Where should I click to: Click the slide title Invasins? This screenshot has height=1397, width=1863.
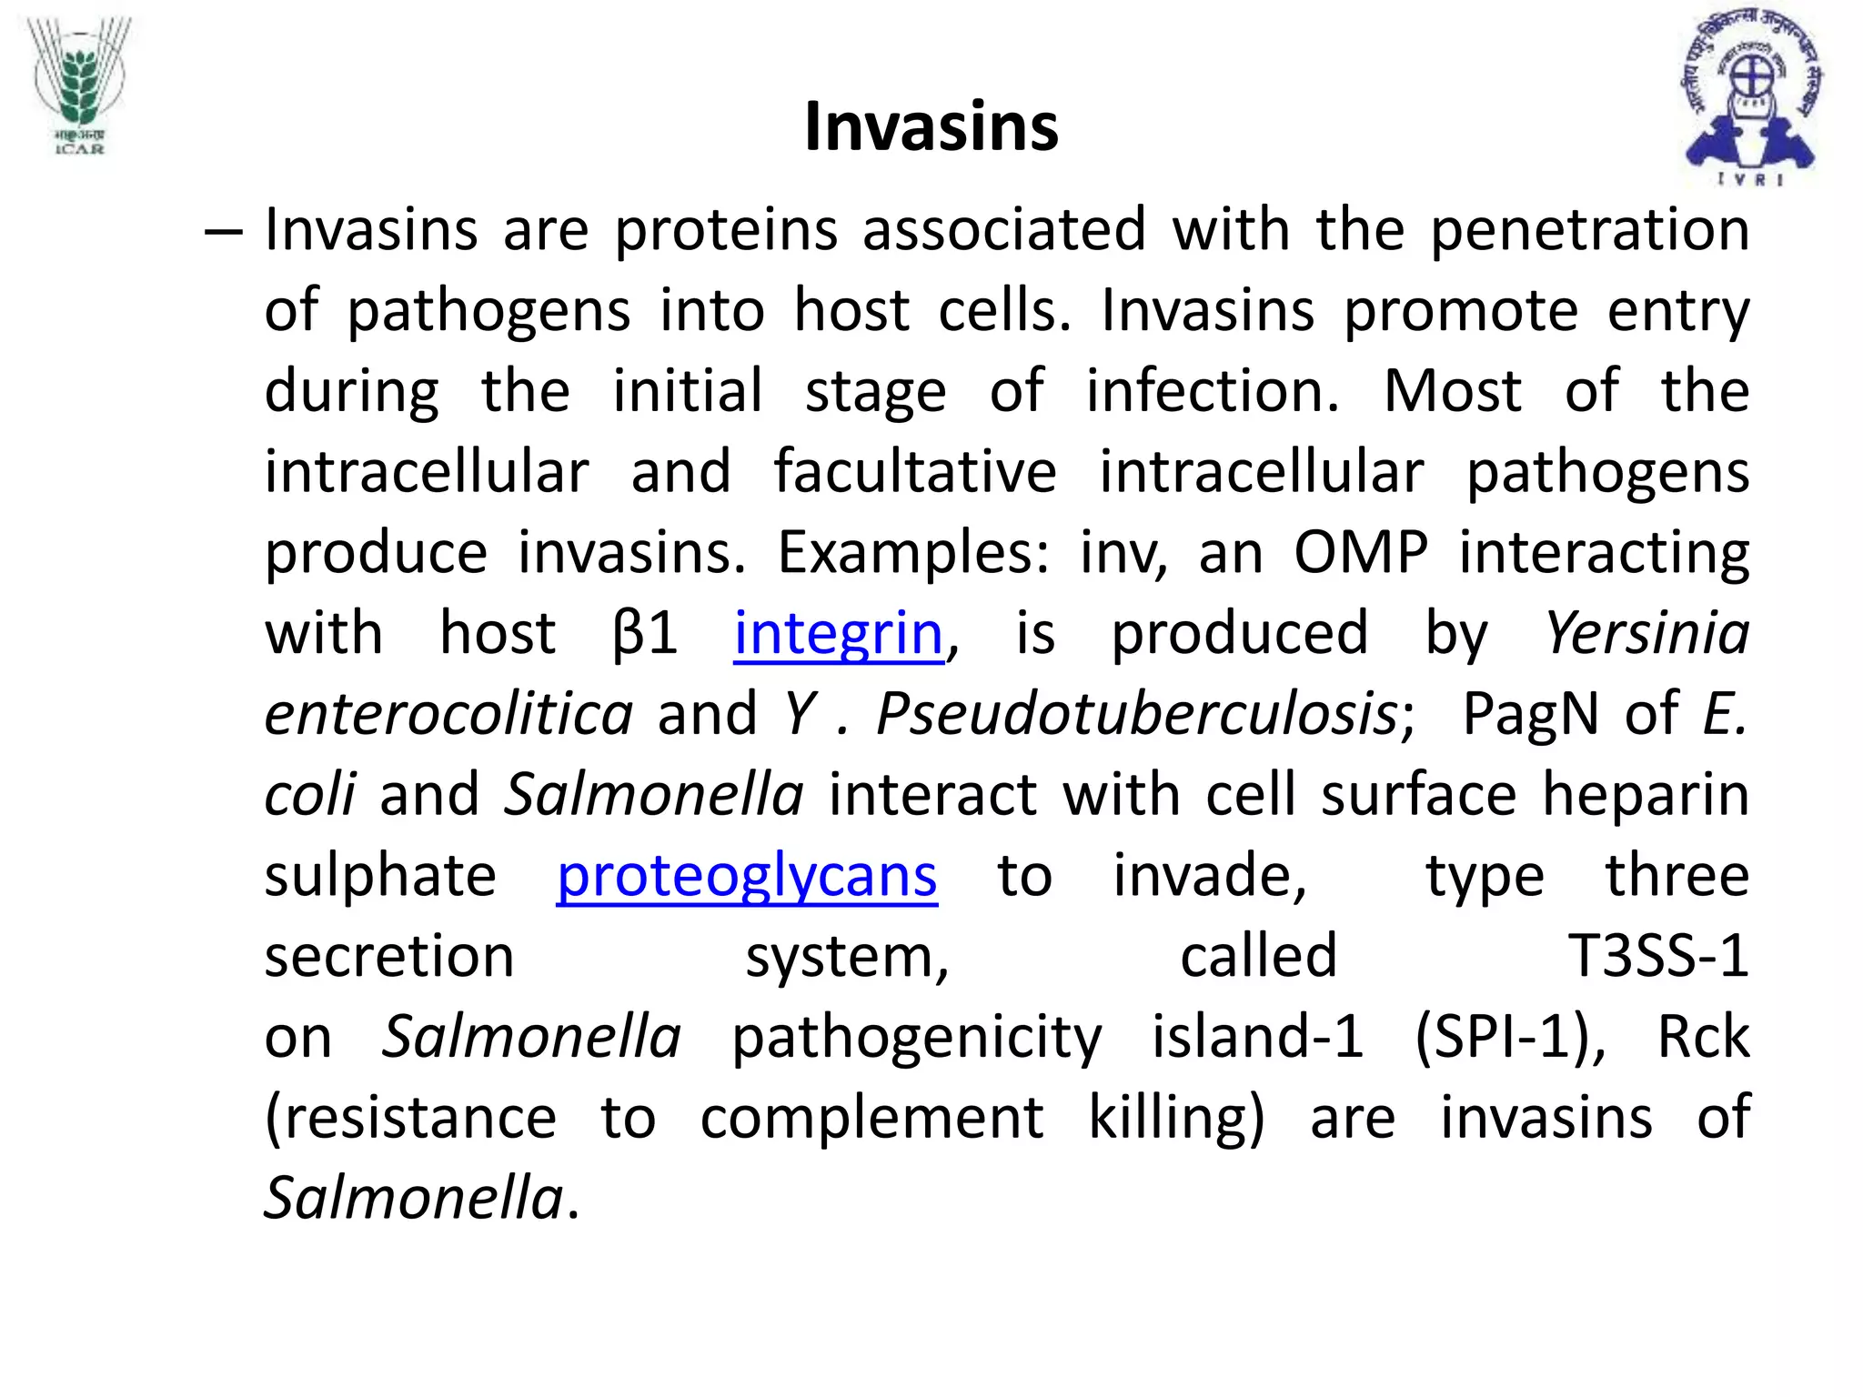coord(931,126)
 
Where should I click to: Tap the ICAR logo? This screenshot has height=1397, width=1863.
coord(79,86)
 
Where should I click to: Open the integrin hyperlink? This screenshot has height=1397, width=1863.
coord(839,634)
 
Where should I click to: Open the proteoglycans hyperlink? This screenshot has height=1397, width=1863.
coord(747,877)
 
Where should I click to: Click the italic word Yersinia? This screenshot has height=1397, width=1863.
coord(1647,633)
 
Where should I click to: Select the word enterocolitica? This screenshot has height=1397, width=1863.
coord(448,714)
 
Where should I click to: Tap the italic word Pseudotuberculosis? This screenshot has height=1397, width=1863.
coord(1136,714)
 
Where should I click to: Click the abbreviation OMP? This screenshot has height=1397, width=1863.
coord(1361,552)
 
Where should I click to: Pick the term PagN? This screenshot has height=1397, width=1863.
coord(1530,714)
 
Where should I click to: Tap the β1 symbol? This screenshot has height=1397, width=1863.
coord(645,634)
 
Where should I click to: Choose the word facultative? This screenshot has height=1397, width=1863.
coord(915,472)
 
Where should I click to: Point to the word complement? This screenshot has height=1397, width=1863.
coord(871,1118)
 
